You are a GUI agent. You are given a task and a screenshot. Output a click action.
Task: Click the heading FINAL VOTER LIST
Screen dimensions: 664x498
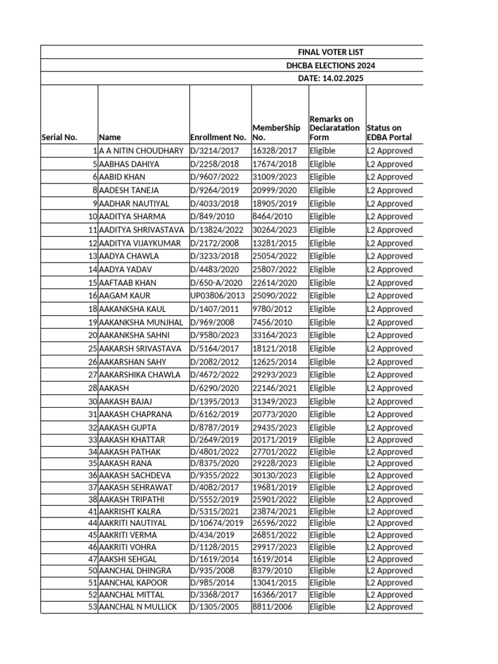tap(331, 52)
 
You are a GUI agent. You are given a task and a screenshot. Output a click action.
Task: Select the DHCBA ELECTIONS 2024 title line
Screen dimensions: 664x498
tap(331, 65)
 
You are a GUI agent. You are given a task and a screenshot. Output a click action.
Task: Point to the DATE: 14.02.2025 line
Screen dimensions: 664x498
tap(331, 78)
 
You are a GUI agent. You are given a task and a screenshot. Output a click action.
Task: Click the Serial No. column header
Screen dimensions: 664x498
tap(59, 137)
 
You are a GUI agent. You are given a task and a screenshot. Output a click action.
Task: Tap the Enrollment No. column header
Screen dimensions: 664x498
tap(219, 137)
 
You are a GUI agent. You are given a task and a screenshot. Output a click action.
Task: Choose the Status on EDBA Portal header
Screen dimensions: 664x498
tap(389, 133)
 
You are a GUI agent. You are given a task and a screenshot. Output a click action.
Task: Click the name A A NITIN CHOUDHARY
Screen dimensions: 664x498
tap(141, 150)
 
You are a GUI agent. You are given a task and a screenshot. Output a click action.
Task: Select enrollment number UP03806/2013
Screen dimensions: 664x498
tap(218, 296)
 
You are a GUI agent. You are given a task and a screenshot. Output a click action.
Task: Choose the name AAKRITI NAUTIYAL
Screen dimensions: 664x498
tap(133, 523)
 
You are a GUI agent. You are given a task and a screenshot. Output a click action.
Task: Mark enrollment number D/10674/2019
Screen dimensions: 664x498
tap(217, 523)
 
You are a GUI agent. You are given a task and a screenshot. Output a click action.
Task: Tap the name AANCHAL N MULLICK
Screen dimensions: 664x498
tap(137, 607)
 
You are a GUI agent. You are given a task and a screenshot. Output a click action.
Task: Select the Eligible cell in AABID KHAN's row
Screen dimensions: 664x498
tap(322, 177)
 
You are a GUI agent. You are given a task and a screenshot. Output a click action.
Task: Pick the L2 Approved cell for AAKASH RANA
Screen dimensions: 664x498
tap(389, 464)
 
